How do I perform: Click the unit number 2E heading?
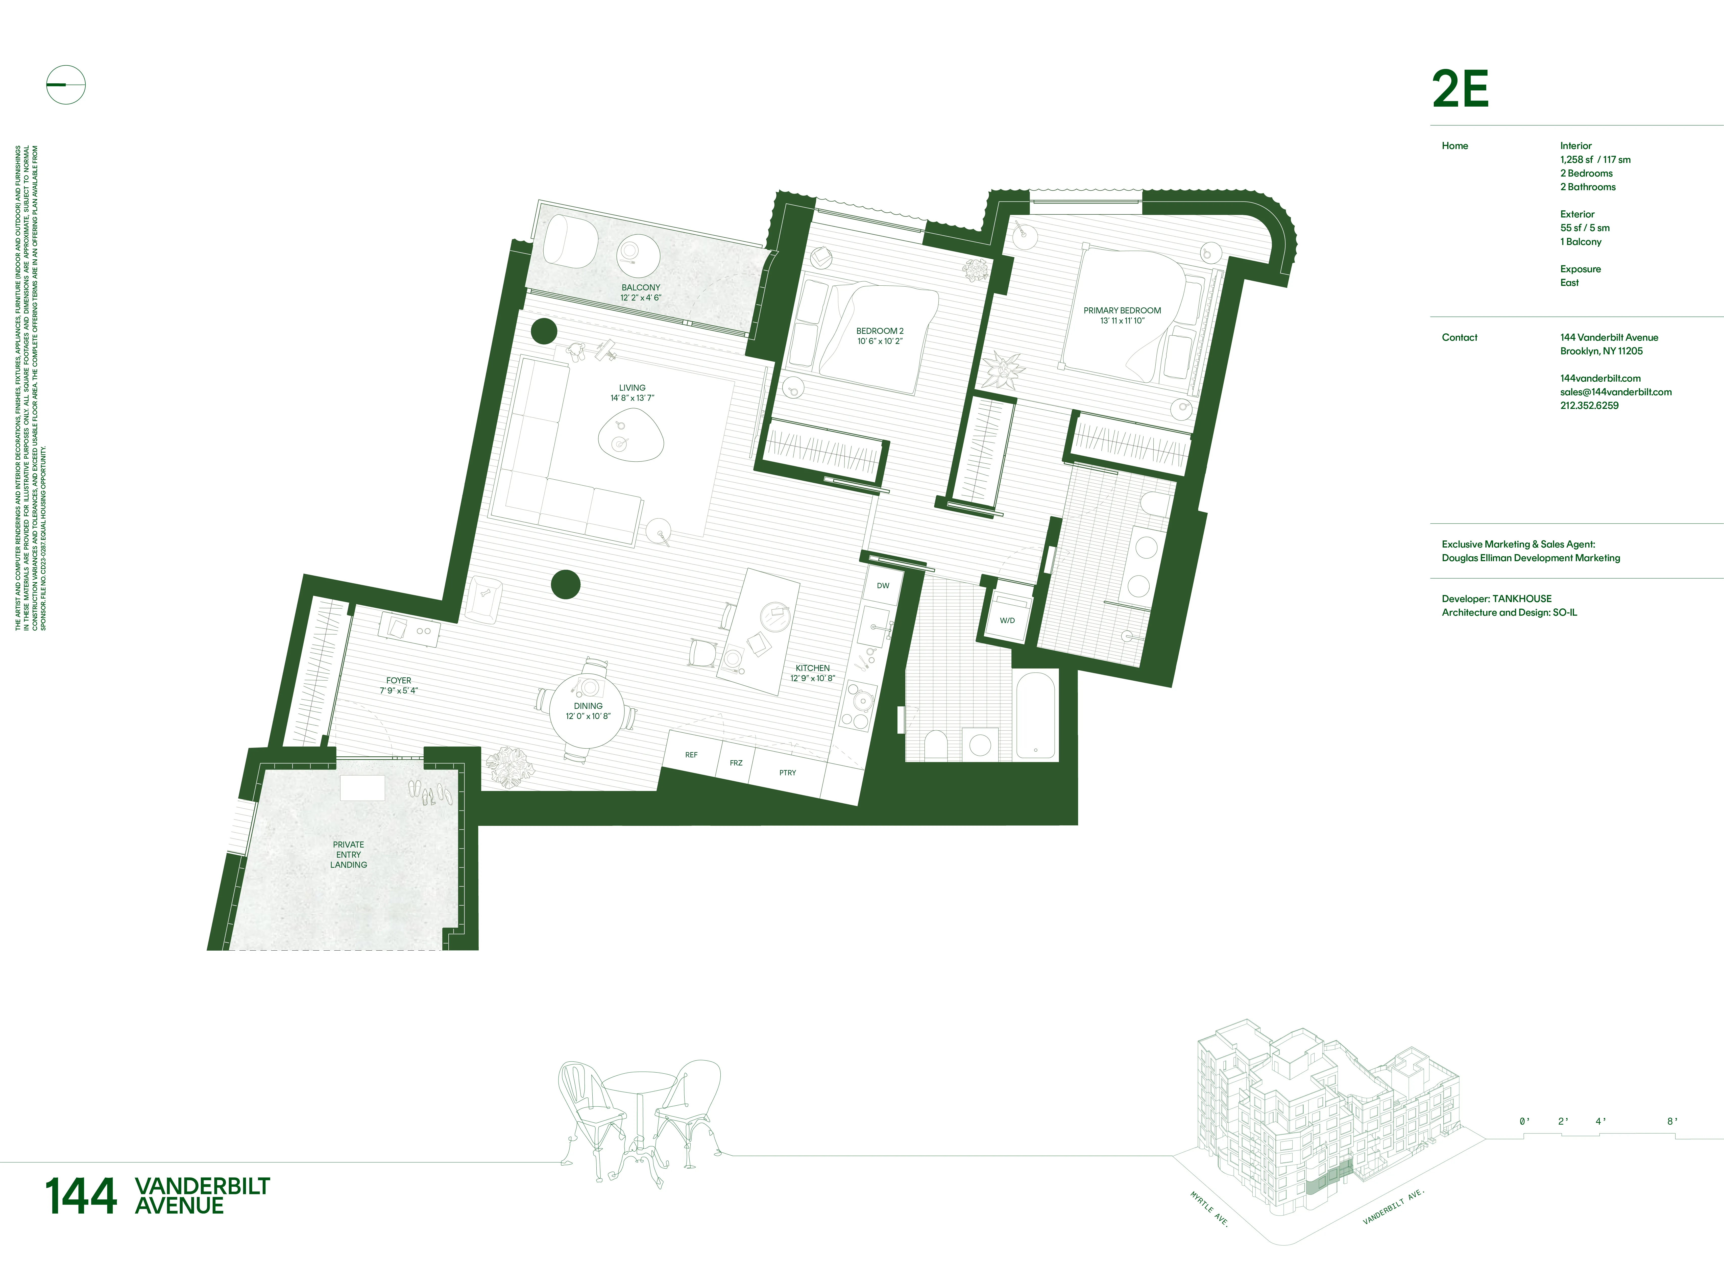point(1460,90)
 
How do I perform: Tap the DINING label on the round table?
point(589,706)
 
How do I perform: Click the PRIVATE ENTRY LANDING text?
point(348,855)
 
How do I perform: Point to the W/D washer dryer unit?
point(1007,620)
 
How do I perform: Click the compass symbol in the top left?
point(65,85)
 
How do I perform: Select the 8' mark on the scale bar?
point(1672,1121)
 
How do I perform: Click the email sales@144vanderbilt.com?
point(1616,392)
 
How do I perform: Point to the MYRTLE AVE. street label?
point(1210,1208)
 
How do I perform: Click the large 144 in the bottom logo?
point(81,1196)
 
